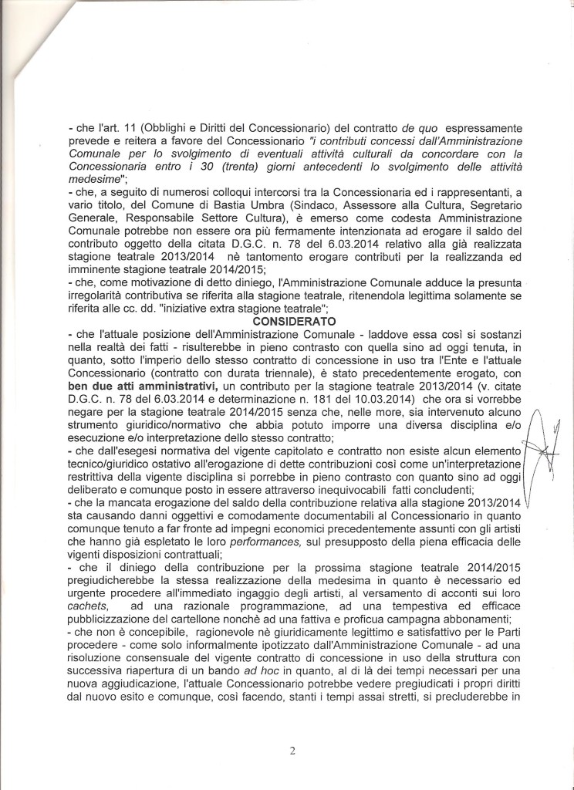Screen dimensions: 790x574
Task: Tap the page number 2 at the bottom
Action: tap(292, 748)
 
